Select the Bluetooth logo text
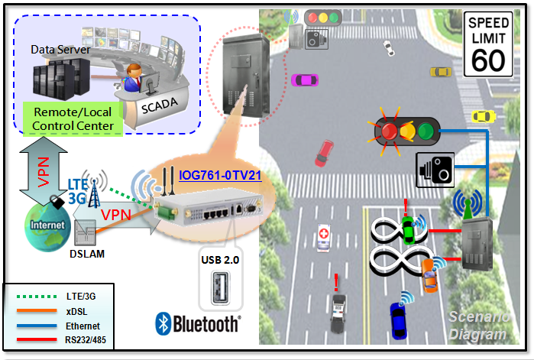click(x=198, y=323)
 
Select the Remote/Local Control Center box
click(x=73, y=118)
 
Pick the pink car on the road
click(x=306, y=79)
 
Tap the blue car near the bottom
click(x=399, y=319)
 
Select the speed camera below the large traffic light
click(x=434, y=170)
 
